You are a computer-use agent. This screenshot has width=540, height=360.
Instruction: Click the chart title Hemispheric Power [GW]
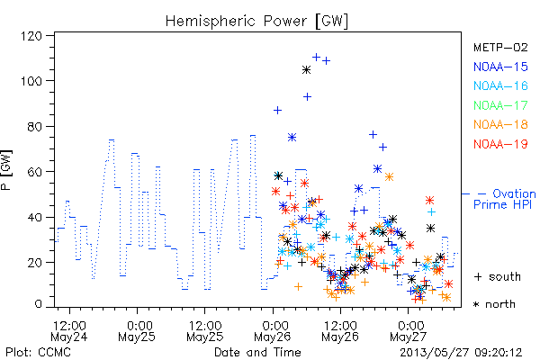click(256, 21)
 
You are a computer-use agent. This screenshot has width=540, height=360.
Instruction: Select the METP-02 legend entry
click(500, 47)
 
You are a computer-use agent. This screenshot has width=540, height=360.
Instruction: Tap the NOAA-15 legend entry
click(500, 67)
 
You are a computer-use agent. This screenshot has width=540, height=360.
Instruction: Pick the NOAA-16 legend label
click(500, 85)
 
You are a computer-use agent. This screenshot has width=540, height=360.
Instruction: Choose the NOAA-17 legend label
click(500, 105)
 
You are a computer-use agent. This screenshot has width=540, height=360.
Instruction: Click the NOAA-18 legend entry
click(500, 124)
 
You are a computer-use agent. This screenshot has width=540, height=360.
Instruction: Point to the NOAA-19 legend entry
click(500, 144)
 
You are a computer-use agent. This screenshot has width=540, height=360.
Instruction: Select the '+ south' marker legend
click(498, 276)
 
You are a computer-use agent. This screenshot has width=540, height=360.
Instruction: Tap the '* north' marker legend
click(494, 304)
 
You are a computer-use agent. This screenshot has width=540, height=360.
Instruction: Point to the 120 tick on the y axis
click(31, 36)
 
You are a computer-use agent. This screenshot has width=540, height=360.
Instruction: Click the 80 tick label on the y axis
click(34, 126)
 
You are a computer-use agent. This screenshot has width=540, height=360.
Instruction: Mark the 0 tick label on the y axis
click(38, 304)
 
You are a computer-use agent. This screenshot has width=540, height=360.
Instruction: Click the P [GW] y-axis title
click(6, 170)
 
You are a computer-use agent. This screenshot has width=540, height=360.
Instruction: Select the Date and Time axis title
click(257, 353)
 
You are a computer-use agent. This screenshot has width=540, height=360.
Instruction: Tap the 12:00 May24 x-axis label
click(69, 331)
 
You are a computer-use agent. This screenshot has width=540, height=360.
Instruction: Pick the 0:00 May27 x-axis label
click(408, 331)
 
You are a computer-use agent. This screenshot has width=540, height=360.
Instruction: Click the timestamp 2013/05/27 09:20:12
click(461, 353)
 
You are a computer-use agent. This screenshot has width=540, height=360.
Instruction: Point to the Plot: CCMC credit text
click(38, 353)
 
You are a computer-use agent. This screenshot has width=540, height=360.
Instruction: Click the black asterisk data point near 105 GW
click(306, 70)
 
